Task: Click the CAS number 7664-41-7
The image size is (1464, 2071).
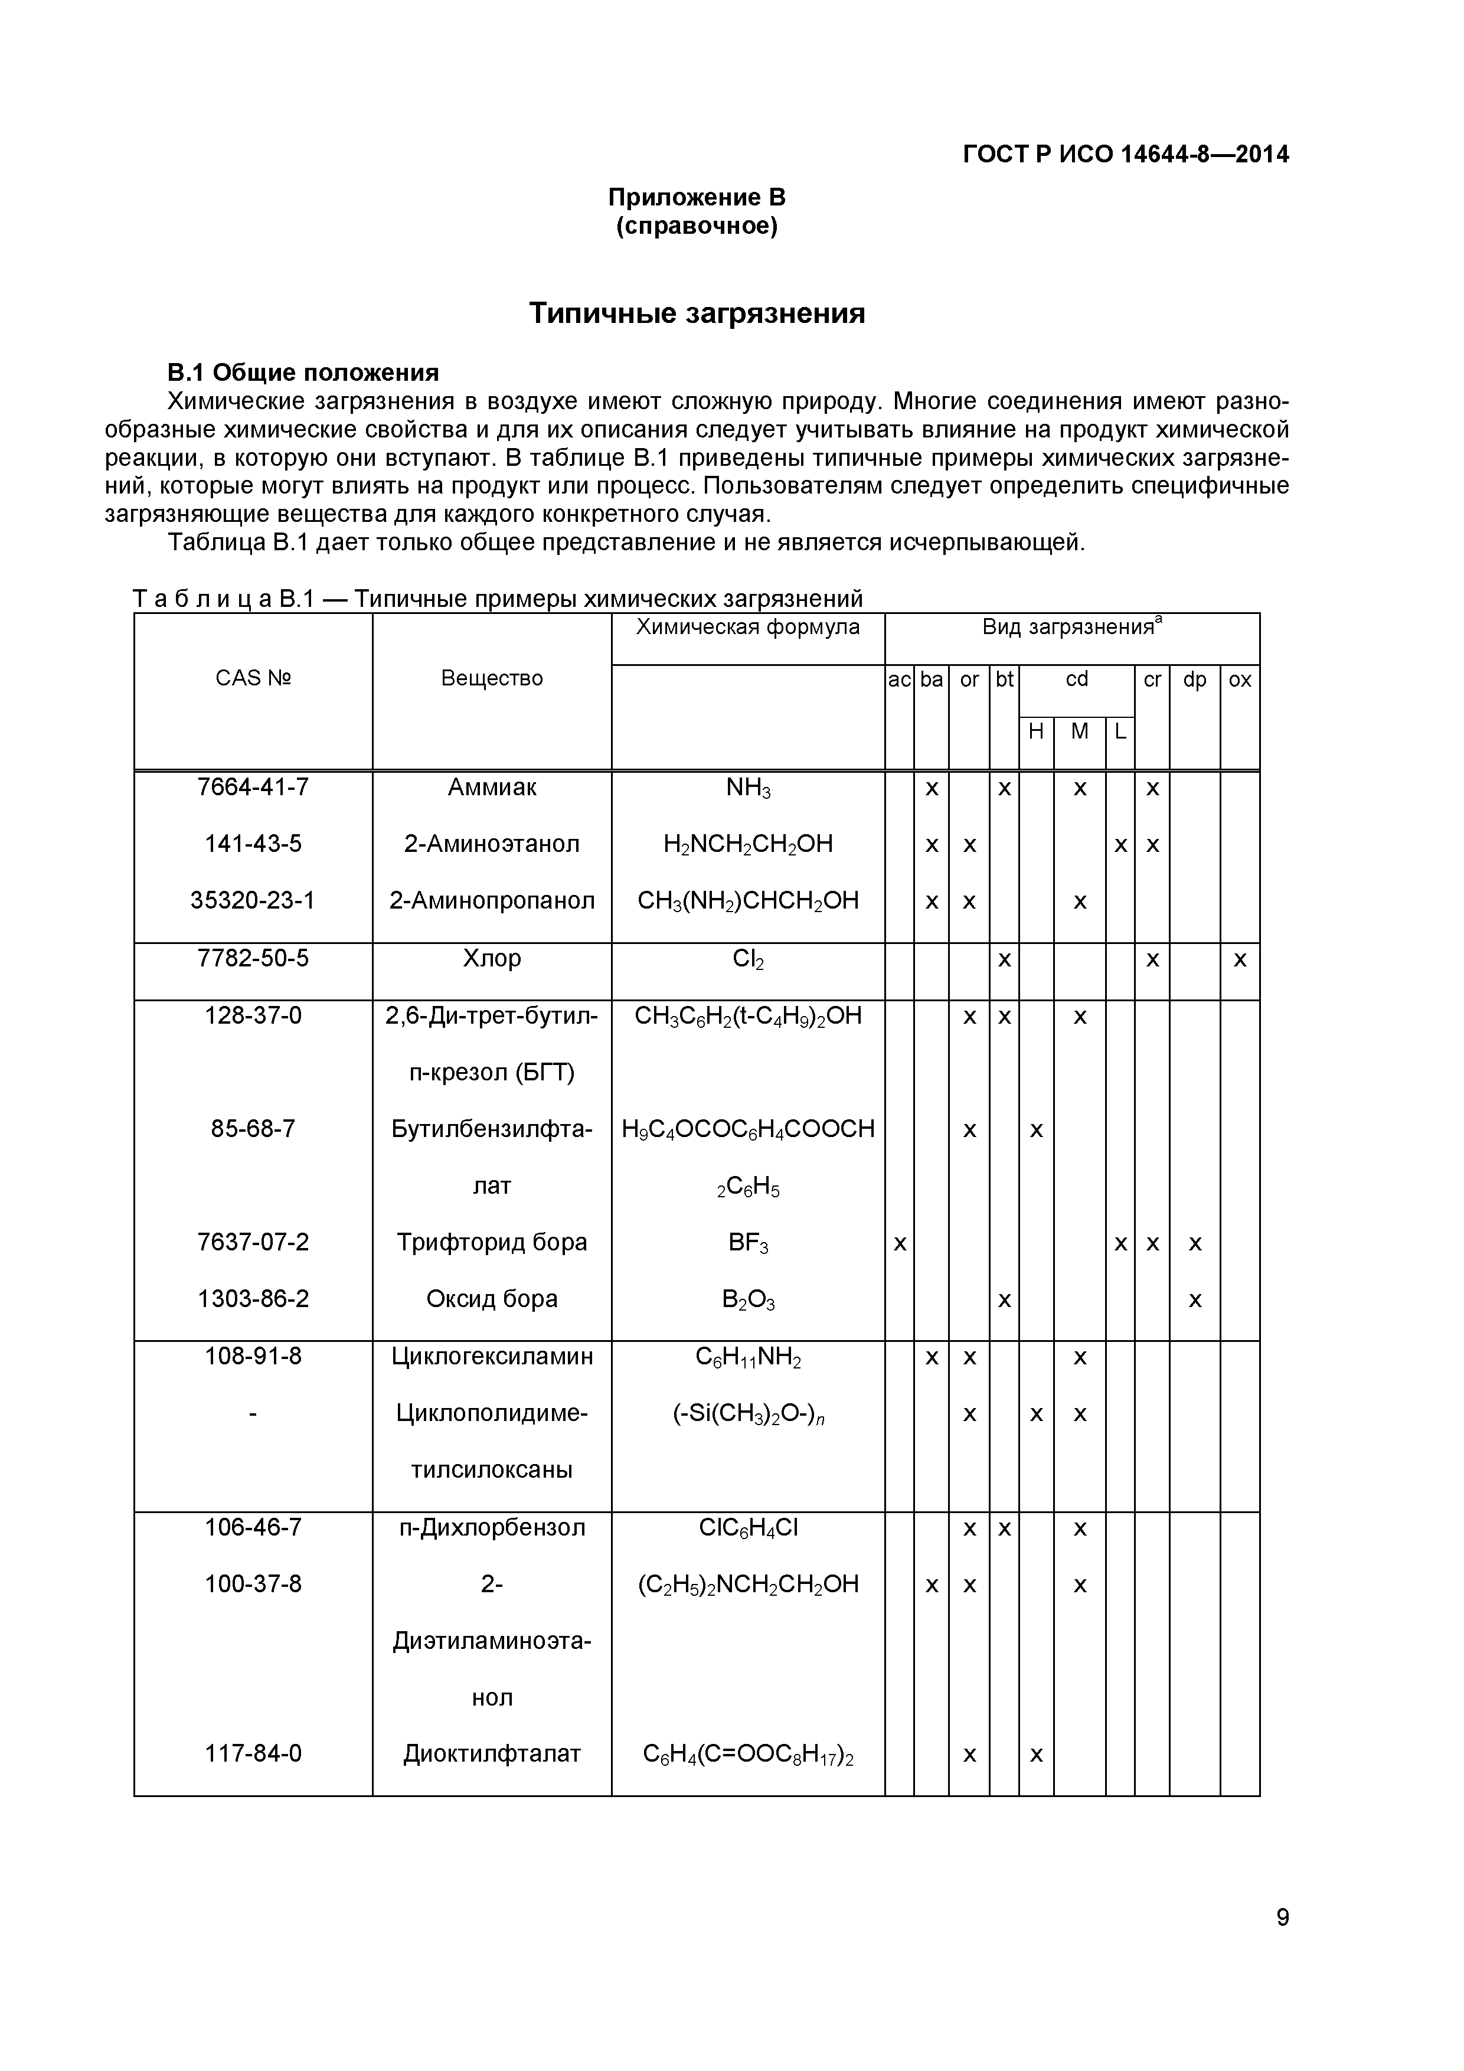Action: (x=253, y=788)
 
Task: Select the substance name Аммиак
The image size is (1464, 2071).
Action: (x=492, y=788)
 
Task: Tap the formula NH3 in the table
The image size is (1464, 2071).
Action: (x=748, y=788)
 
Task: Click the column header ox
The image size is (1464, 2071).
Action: (x=1240, y=680)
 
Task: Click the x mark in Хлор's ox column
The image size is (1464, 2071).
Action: (x=1240, y=960)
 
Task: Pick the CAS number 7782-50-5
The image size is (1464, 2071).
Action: (x=253, y=958)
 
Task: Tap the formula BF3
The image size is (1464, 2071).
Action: (x=748, y=1243)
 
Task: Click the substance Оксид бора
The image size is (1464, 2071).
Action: (x=492, y=1299)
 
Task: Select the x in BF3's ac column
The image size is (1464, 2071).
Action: (x=898, y=1244)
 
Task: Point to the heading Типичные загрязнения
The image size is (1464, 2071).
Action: (x=697, y=313)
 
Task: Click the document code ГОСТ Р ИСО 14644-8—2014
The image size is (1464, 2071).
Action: (x=1126, y=154)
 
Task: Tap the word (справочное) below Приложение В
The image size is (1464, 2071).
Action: (x=697, y=226)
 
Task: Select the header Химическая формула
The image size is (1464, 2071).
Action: (x=748, y=627)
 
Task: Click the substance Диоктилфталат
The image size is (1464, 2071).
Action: (x=492, y=1753)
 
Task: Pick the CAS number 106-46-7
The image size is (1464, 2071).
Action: (x=253, y=1527)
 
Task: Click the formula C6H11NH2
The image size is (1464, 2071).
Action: (x=748, y=1357)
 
